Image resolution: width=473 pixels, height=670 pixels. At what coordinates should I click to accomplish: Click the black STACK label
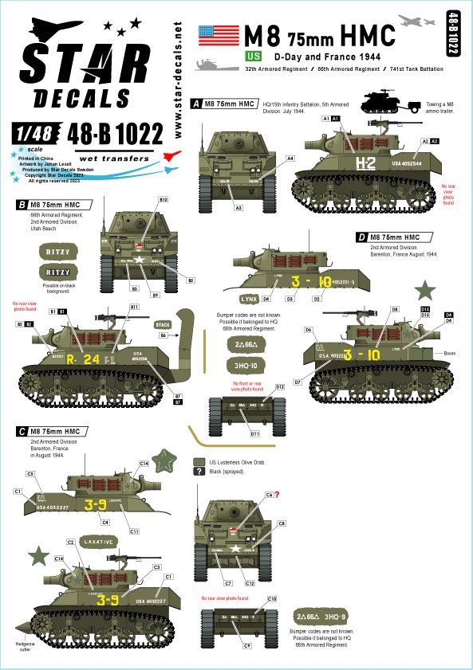point(163,324)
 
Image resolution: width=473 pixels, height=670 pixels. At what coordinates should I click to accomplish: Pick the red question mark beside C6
point(277,495)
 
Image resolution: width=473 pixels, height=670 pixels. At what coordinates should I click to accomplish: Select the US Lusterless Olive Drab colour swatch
point(199,461)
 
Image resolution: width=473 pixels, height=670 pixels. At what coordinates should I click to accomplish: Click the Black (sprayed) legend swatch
point(199,472)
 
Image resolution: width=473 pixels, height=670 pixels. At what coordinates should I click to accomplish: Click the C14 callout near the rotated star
point(145,463)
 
